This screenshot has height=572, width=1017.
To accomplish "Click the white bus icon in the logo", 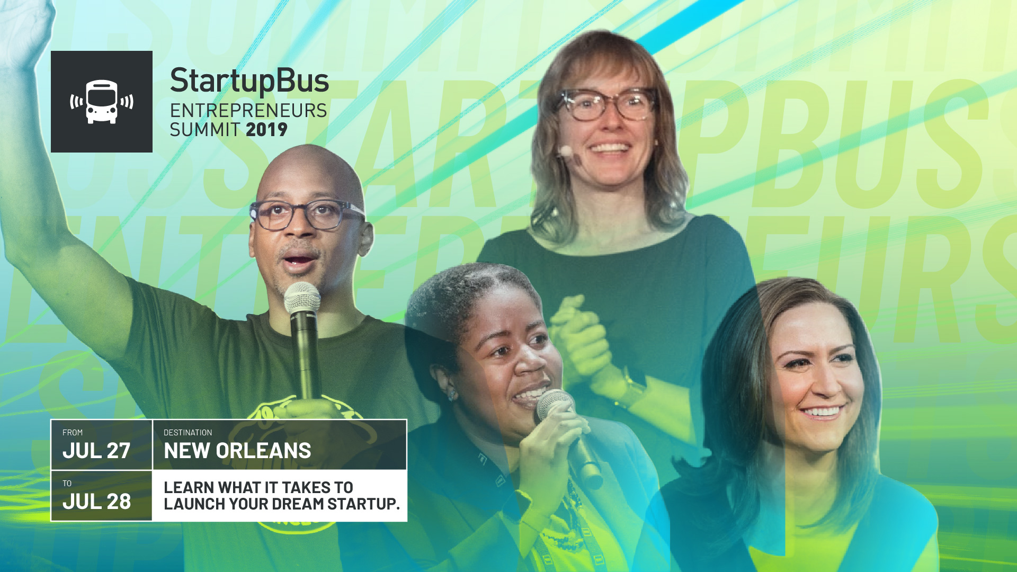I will pos(102,102).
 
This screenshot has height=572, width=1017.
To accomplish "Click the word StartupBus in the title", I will pos(249,82).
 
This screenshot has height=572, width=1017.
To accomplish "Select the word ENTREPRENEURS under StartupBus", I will pos(248,111).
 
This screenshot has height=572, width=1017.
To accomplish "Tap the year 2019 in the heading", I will pos(266,130).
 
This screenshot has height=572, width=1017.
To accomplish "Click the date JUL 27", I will pos(96,451).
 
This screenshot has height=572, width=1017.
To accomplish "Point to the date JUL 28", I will pos(96,502).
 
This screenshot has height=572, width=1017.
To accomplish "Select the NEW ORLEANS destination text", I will pos(237,451).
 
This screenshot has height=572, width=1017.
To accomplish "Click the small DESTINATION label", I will pos(188,433).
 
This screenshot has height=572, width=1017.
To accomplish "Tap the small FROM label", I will pos(73,433).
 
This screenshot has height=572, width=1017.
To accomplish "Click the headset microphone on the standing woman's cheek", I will pos(566,151).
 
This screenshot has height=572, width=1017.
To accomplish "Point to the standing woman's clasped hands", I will pos(580,339).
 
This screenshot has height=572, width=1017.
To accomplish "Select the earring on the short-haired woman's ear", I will pos(452,394).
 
